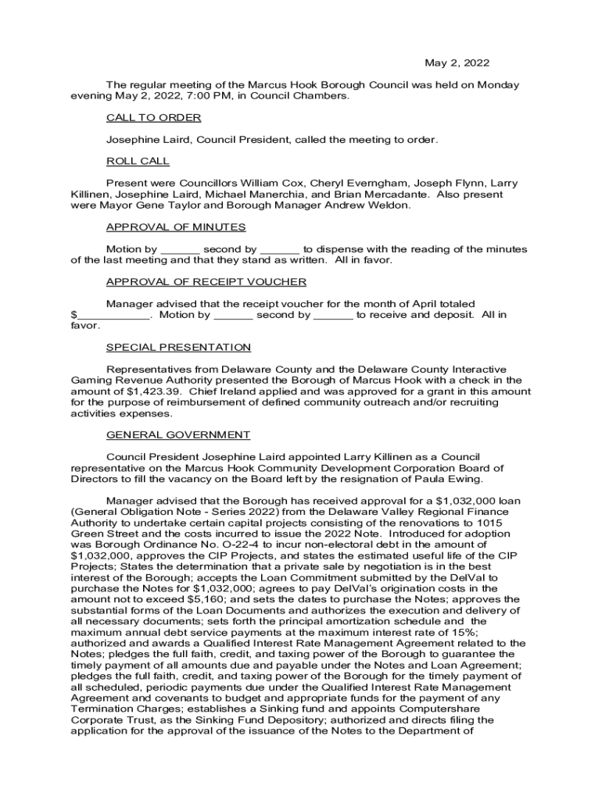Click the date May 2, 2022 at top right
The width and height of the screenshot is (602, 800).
coord(457,62)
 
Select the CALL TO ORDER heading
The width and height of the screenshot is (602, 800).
coord(154,118)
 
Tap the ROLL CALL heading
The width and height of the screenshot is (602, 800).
coord(138,161)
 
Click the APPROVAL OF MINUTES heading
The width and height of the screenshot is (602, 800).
coord(176,227)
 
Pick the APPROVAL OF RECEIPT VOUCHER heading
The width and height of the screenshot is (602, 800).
coord(206,282)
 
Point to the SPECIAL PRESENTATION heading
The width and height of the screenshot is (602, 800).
coord(178,348)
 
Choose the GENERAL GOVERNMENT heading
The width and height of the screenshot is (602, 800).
coord(178,435)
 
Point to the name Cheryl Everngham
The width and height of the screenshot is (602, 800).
coord(323,184)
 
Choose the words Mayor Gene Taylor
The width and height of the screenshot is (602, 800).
coord(141,205)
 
